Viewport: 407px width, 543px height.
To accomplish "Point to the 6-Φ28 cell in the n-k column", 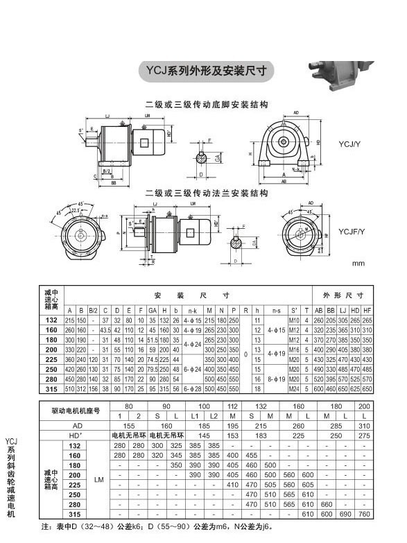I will pos(192,389).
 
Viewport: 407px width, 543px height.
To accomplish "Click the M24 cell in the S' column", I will pos(293,389).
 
